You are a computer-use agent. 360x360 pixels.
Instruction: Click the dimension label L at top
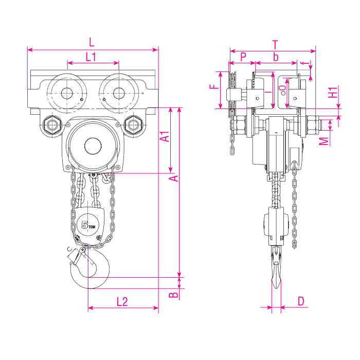92,42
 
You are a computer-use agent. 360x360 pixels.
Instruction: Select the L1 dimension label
91,57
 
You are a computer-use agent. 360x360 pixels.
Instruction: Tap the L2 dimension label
122,302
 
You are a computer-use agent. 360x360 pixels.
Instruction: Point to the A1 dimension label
166,137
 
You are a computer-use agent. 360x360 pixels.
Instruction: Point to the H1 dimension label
334,92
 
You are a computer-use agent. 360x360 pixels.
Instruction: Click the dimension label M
323,140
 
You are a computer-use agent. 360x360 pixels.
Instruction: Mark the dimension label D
301,301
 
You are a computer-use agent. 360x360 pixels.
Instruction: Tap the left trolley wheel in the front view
66,93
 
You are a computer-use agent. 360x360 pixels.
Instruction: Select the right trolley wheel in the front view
118,93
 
